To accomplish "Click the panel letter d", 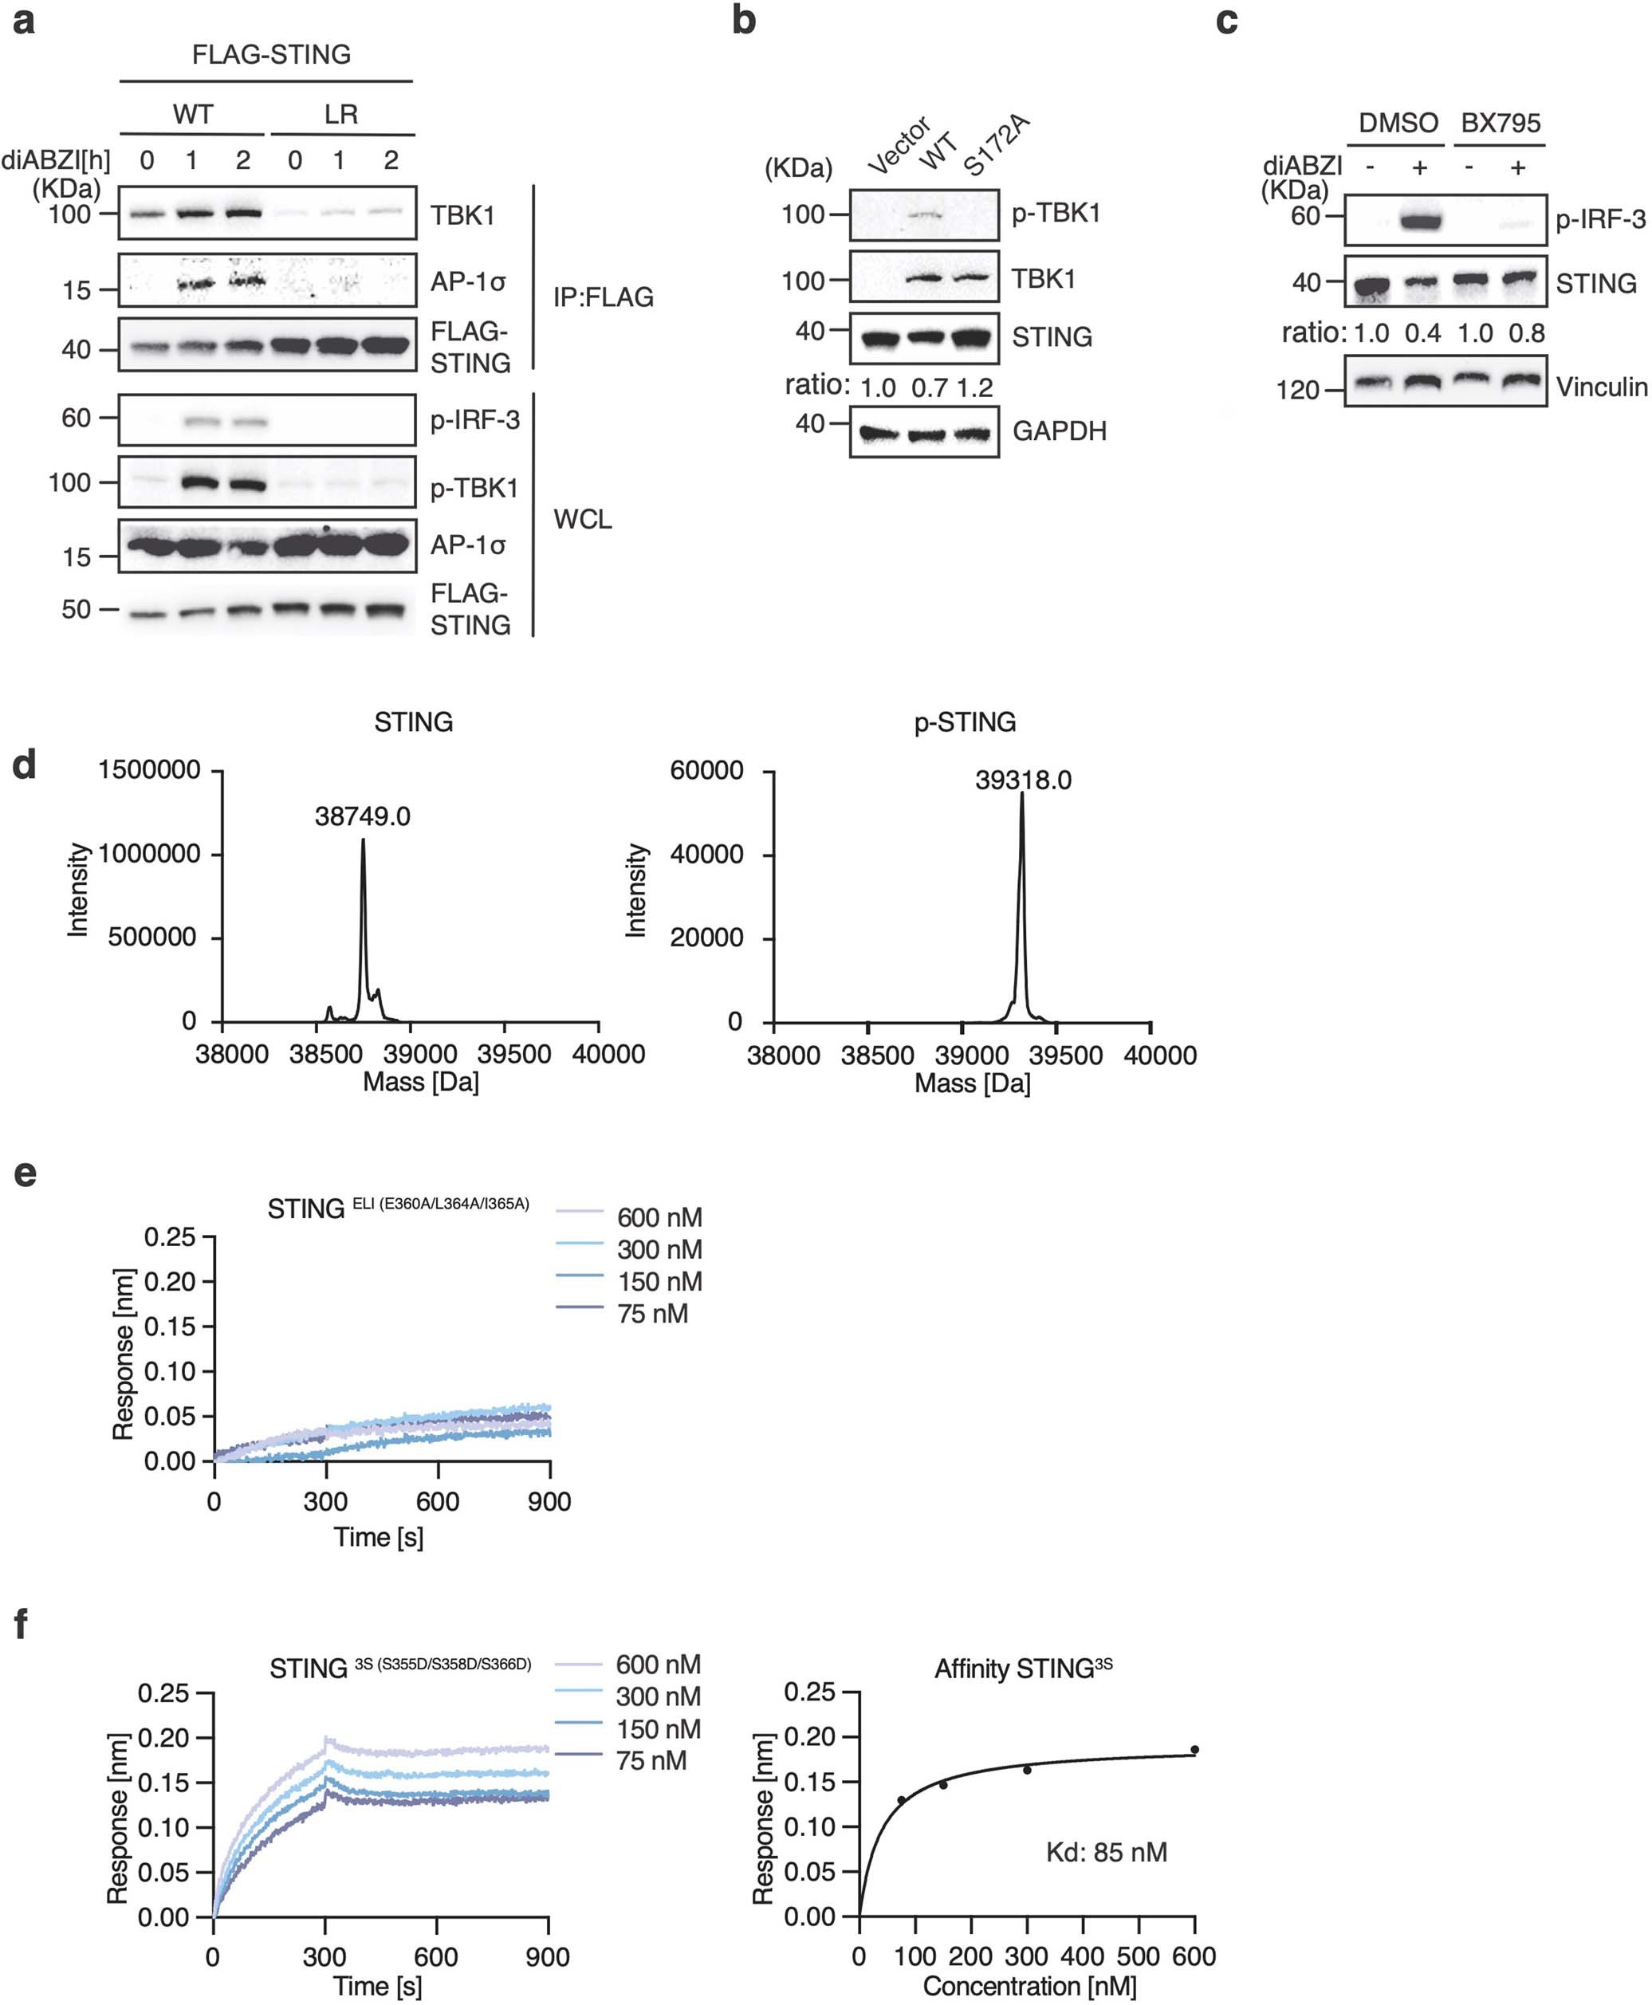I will click(24, 765).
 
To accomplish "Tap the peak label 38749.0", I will click(363, 816).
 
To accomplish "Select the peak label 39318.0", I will click(1023, 780).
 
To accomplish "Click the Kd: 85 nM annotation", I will click(1106, 1852).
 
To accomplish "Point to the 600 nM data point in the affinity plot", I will click(1194, 1750).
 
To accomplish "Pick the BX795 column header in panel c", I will click(1501, 123).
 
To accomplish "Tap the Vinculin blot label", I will click(1602, 387).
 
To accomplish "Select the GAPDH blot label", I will click(1059, 431).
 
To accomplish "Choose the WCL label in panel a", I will click(582, 519).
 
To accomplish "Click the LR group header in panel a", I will click(340, 114).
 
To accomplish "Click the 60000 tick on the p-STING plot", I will click(706, 770).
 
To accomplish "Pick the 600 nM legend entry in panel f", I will click(658, 1665).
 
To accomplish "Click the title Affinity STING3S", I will click(1023, 1669).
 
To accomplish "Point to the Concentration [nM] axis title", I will click(1029, 1986).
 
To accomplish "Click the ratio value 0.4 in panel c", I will click(1422, 333).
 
